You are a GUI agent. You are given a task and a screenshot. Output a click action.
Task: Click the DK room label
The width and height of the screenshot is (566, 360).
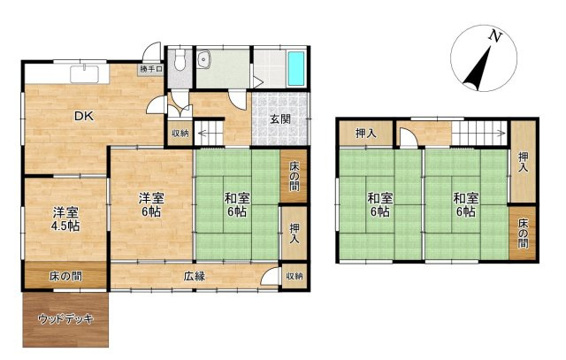tap(84, 116)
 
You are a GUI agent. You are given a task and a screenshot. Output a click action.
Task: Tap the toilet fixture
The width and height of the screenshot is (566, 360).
tap(180, 59)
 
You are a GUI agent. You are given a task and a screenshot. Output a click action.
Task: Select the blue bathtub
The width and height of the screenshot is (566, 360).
tap(296, 68)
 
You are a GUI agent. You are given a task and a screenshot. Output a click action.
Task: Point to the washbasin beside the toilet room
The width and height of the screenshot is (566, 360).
tap(204, 59)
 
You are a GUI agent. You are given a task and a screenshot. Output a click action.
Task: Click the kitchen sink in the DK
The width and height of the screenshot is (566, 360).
tap(85, 74)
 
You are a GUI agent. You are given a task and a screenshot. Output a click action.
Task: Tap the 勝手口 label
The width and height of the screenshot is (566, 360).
tap(151, 69)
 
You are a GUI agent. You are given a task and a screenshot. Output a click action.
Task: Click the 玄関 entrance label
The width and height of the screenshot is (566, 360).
tap(280, 119)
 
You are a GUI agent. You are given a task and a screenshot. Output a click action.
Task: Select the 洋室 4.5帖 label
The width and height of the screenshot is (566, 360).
tap(65, 219)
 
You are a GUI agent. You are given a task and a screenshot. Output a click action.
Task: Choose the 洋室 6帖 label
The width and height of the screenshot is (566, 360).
tap(151, 204)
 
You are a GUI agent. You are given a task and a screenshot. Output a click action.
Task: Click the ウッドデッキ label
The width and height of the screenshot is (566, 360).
tap(65, 319)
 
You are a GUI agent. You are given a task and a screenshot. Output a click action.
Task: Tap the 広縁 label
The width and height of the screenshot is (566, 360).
tap(195, 276)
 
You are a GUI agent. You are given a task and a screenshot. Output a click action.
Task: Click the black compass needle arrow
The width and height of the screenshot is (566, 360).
tap(478, 68)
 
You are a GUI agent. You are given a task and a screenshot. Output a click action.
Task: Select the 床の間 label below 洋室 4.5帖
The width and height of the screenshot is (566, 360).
tap(65, 277)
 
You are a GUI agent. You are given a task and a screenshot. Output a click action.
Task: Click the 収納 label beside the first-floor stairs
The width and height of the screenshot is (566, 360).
tap(180, 134)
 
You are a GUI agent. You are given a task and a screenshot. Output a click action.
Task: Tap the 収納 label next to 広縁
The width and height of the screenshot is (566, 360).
tap(294, 276)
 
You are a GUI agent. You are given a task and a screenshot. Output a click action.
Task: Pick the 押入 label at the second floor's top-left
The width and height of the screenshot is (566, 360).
tap(366, 134)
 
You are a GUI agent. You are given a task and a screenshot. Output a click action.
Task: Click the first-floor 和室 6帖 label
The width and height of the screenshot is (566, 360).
tap(237, 204)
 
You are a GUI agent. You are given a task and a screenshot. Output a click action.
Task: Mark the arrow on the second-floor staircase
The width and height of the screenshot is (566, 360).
tap(480, 134)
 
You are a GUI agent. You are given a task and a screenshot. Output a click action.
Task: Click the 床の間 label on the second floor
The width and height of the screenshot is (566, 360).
tap(523, 234)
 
